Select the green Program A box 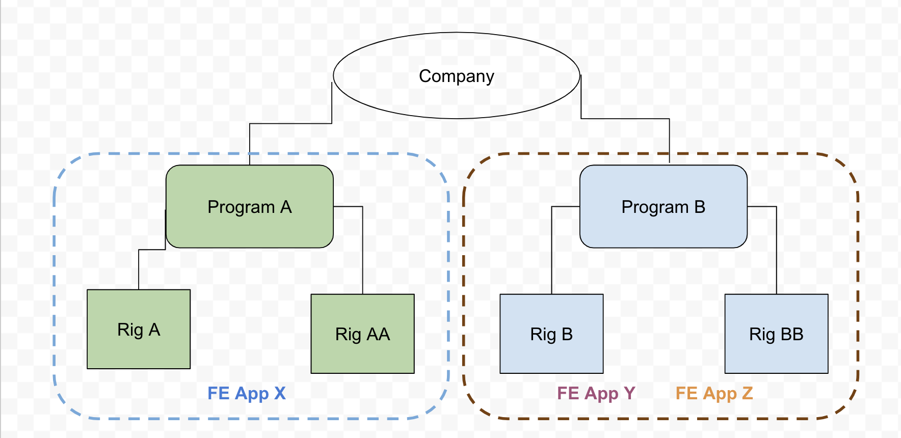[x=250, y=229]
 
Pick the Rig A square [x=139, y=351]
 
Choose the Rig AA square [x=362, y=357]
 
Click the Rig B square [x=551, y=357]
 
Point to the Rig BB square [x=776, y=357]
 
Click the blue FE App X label [x=246, y=393]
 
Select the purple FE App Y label [x=596, y=393]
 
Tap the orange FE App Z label [x=714, y=393]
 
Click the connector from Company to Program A [x=290, y=123]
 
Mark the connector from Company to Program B [x=625, y=119]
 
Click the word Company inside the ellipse [x=456, y=76]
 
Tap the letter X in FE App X [x=280, y=393]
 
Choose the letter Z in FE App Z [x=747, y=393]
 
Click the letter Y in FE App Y [x=629, y=393]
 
